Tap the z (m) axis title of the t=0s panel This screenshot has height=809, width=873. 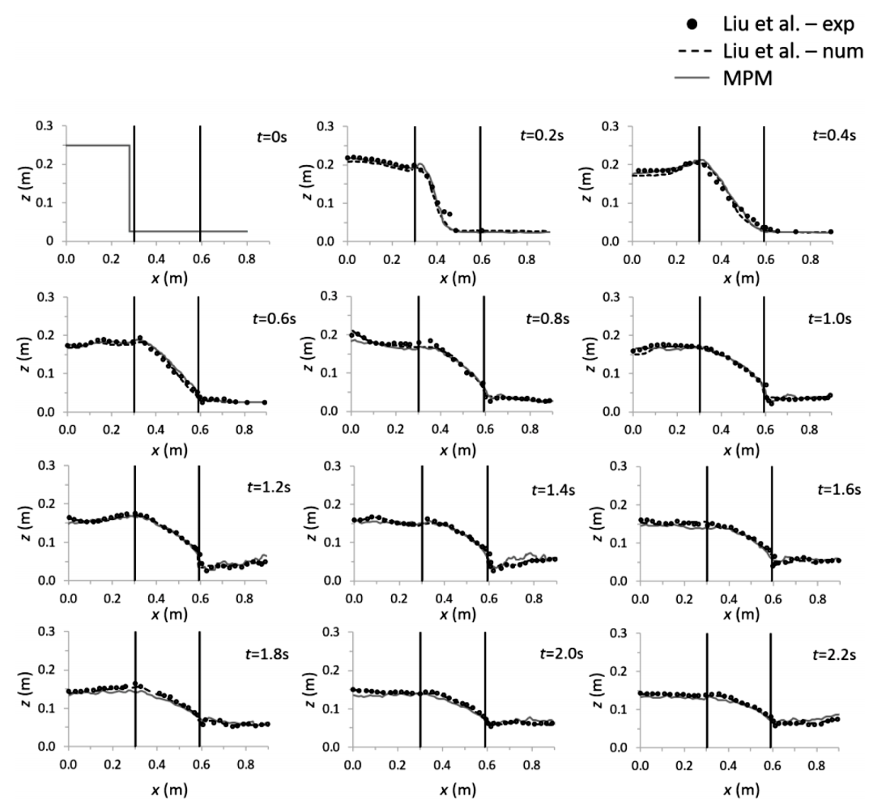(28, 184)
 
